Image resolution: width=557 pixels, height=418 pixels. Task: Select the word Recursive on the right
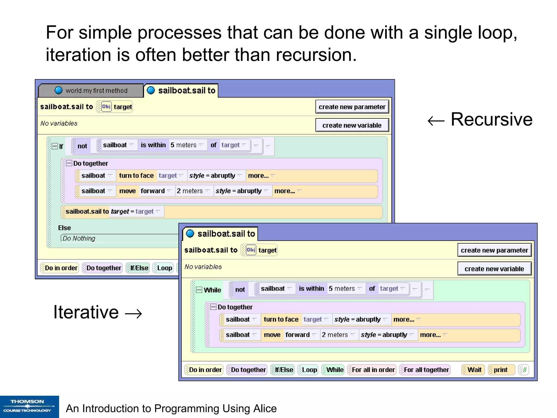(491, 119)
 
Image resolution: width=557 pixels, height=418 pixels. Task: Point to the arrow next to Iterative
(133, 313)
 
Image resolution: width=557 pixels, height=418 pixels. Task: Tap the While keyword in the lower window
(212, 290)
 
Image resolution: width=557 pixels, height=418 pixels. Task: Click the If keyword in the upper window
(61, 147)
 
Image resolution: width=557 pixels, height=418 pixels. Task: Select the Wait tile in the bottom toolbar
(474, 370)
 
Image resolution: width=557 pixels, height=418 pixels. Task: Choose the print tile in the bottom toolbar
(500, 370)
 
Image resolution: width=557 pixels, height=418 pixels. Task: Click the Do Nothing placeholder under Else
(79, 238)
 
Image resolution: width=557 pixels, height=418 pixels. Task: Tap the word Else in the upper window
(64, 228)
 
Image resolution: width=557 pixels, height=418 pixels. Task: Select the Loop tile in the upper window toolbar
(164, 268)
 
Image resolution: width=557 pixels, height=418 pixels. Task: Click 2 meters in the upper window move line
(190, 191)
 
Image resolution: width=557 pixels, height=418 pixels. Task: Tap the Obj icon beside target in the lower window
(251, 250)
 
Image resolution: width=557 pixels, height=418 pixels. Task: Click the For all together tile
(426, 370)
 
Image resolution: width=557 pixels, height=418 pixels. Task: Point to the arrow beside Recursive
(436, 120)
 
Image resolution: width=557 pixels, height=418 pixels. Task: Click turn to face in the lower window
(281, 319)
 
